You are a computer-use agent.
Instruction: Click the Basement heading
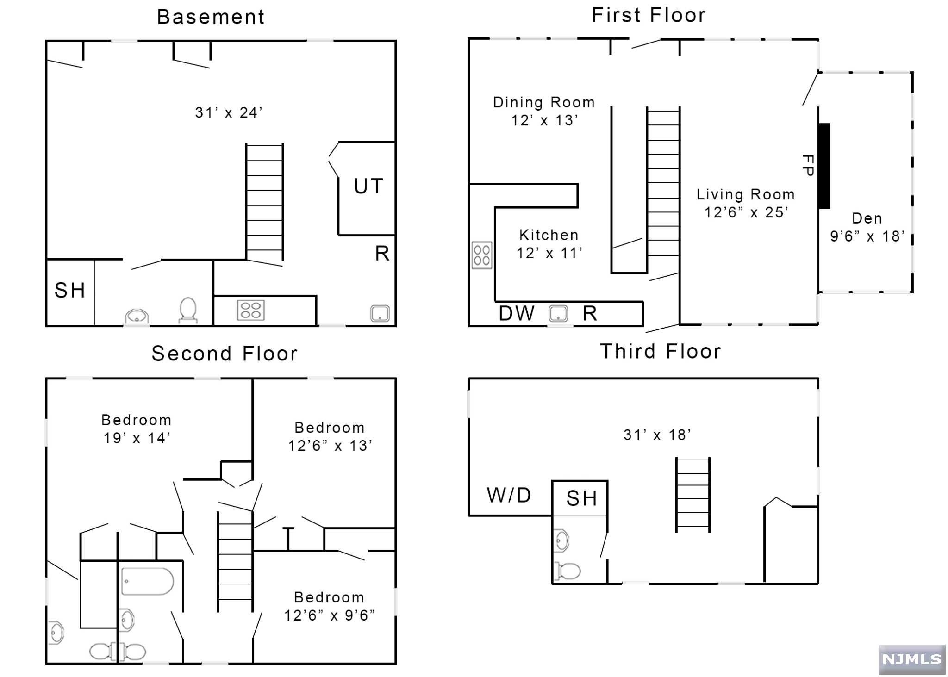pos(211,17)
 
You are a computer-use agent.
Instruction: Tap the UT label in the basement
pos(368,186)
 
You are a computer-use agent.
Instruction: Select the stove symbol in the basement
pos(250,310)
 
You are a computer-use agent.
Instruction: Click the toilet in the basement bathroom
pos(188,310)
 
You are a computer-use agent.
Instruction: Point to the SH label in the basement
pos(70,291)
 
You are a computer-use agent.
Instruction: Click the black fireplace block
pos(824,166)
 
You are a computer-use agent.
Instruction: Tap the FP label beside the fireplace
pos(808,165)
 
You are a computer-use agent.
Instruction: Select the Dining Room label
pos(544,102)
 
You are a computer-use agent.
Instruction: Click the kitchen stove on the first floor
pos(482,255)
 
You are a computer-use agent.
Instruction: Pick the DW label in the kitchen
pos(517,313)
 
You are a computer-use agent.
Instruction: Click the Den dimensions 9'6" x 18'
pos(867,236)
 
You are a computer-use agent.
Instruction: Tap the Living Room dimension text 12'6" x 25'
pos(746,212)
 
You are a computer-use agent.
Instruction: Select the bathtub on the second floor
pos(148,581)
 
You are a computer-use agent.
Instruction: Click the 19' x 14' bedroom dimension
pos(137,438)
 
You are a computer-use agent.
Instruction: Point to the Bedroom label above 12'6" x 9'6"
pos(329,597)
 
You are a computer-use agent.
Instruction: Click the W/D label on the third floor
pos(509,495)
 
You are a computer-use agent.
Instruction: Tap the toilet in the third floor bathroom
pos(567,571)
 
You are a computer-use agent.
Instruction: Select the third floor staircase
pos(692,495)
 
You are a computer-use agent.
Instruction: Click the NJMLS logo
pos(912,659)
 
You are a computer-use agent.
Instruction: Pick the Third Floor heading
pos(661,352)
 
